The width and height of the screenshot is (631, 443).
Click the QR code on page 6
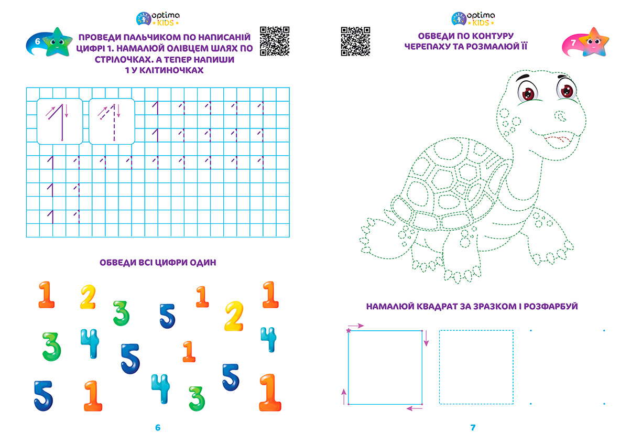[x=275, y=41]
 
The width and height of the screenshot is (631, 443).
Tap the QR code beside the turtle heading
[x=355, y=41]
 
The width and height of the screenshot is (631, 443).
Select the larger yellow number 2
[x=234, y=316]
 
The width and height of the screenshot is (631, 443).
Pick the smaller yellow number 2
[x=88, y=297]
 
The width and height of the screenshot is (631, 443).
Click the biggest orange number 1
[x=270, y=392]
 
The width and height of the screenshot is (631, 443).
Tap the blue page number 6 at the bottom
[x=158, y=427]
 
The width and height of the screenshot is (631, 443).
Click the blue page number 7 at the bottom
[x=473, y=427]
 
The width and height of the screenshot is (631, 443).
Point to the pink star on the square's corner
[x=349, y=330]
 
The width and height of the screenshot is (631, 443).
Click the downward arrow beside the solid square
[x=427, y=339]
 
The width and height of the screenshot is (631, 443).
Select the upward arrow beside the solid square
[x=344, y=397]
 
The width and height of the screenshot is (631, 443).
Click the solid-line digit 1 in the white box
[x=59, y=122]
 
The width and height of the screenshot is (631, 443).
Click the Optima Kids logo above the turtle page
[x=473, y=18]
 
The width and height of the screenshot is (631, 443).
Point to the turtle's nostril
[x=561, y=116]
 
